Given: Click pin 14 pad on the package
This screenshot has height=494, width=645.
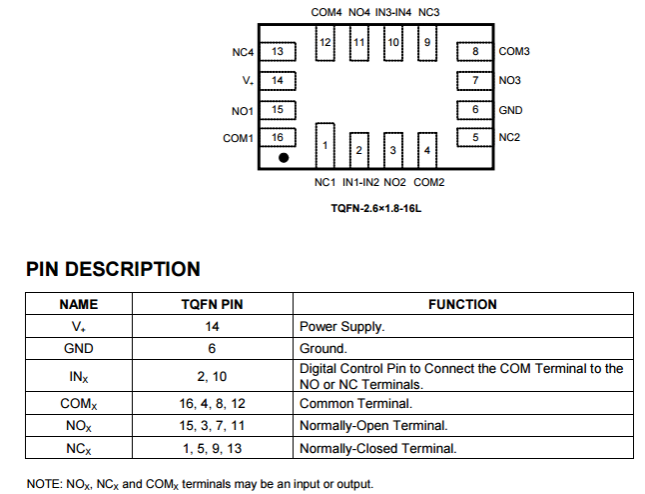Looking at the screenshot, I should click(279, 80).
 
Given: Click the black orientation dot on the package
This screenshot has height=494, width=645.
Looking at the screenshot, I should click(284, 157).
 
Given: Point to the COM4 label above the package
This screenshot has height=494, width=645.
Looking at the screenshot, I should click(326, 12).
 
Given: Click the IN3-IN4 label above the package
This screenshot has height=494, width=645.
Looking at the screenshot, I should click(394, 12).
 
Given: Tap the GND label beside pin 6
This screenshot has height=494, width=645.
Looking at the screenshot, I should click(510, 110).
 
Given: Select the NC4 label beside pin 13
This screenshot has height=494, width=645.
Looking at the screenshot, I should click(244, 51).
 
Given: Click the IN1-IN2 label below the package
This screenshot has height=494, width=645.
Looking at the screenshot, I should click(360, 182).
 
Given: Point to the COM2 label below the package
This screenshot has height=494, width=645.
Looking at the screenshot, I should click(429, 182).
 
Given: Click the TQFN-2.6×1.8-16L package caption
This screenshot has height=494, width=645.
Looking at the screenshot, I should click(377, 209).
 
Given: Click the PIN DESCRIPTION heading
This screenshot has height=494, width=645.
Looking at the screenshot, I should click(113, 269).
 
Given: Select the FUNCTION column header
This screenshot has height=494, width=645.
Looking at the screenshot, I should click(462, 304).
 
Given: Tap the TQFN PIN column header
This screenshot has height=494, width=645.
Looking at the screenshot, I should click(212, 304).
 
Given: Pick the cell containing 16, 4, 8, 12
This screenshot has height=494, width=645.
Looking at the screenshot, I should click(212, 403).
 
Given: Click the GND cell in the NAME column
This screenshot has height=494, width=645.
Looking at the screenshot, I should click(78, 348).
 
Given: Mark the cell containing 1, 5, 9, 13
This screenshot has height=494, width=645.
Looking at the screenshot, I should click(212, 448).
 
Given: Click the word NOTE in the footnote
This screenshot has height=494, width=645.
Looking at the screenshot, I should click(45, 484).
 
